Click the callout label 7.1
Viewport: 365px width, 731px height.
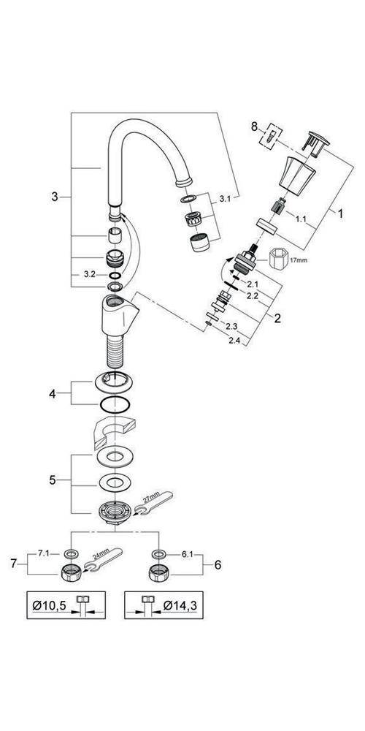click(44, 555)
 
